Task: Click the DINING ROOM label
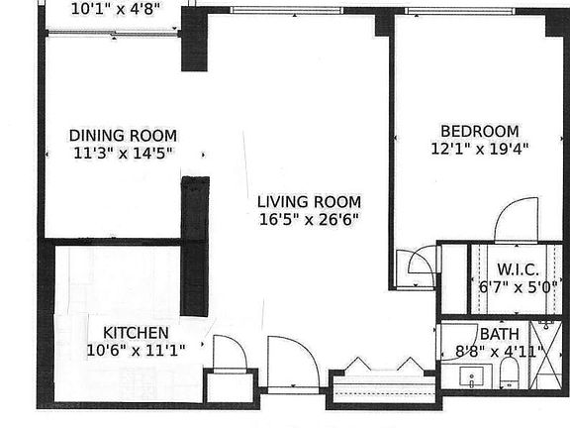(123, 136)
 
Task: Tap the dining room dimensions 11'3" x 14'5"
(123, 154)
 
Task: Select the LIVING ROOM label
(303, 199)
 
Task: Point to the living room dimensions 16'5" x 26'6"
(303, 218)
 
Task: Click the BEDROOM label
(479, 131)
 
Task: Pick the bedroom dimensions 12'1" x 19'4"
(479, 150)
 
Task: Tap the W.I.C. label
(518, 269)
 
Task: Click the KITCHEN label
(136, 332)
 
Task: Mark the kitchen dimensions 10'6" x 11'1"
(136, 349)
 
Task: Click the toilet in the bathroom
(510, 373)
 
